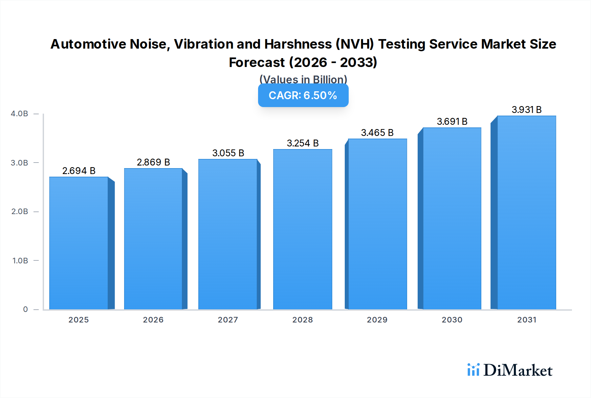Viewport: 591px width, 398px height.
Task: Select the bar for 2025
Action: (79, 243)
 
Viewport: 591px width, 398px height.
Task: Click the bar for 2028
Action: (302, 230)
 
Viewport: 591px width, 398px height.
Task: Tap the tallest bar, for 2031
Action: (526, 213)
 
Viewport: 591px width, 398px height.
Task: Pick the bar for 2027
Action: (228, 235)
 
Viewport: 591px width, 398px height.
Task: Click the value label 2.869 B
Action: (153, 162)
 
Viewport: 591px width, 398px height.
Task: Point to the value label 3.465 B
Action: (377, 133)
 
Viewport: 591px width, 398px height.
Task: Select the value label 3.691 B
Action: (452, 122)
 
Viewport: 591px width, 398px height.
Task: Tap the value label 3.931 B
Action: (526, 110)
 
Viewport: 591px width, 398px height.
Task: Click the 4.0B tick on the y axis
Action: (19, 114)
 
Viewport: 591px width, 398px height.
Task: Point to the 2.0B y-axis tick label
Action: (19, 211)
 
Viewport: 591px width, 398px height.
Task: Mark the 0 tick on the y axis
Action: (25, 309)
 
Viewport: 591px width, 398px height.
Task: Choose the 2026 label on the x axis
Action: (153, 320)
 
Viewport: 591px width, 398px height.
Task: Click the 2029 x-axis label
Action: (377, 320)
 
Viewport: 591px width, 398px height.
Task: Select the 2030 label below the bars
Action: (452, 320)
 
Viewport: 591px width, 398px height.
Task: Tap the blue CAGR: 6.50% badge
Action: (303, 95)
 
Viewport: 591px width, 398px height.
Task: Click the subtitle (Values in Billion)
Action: (303, 79)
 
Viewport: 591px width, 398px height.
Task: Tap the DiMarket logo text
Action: (518, 370)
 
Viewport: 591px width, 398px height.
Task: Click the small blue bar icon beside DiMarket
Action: (473, 370)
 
